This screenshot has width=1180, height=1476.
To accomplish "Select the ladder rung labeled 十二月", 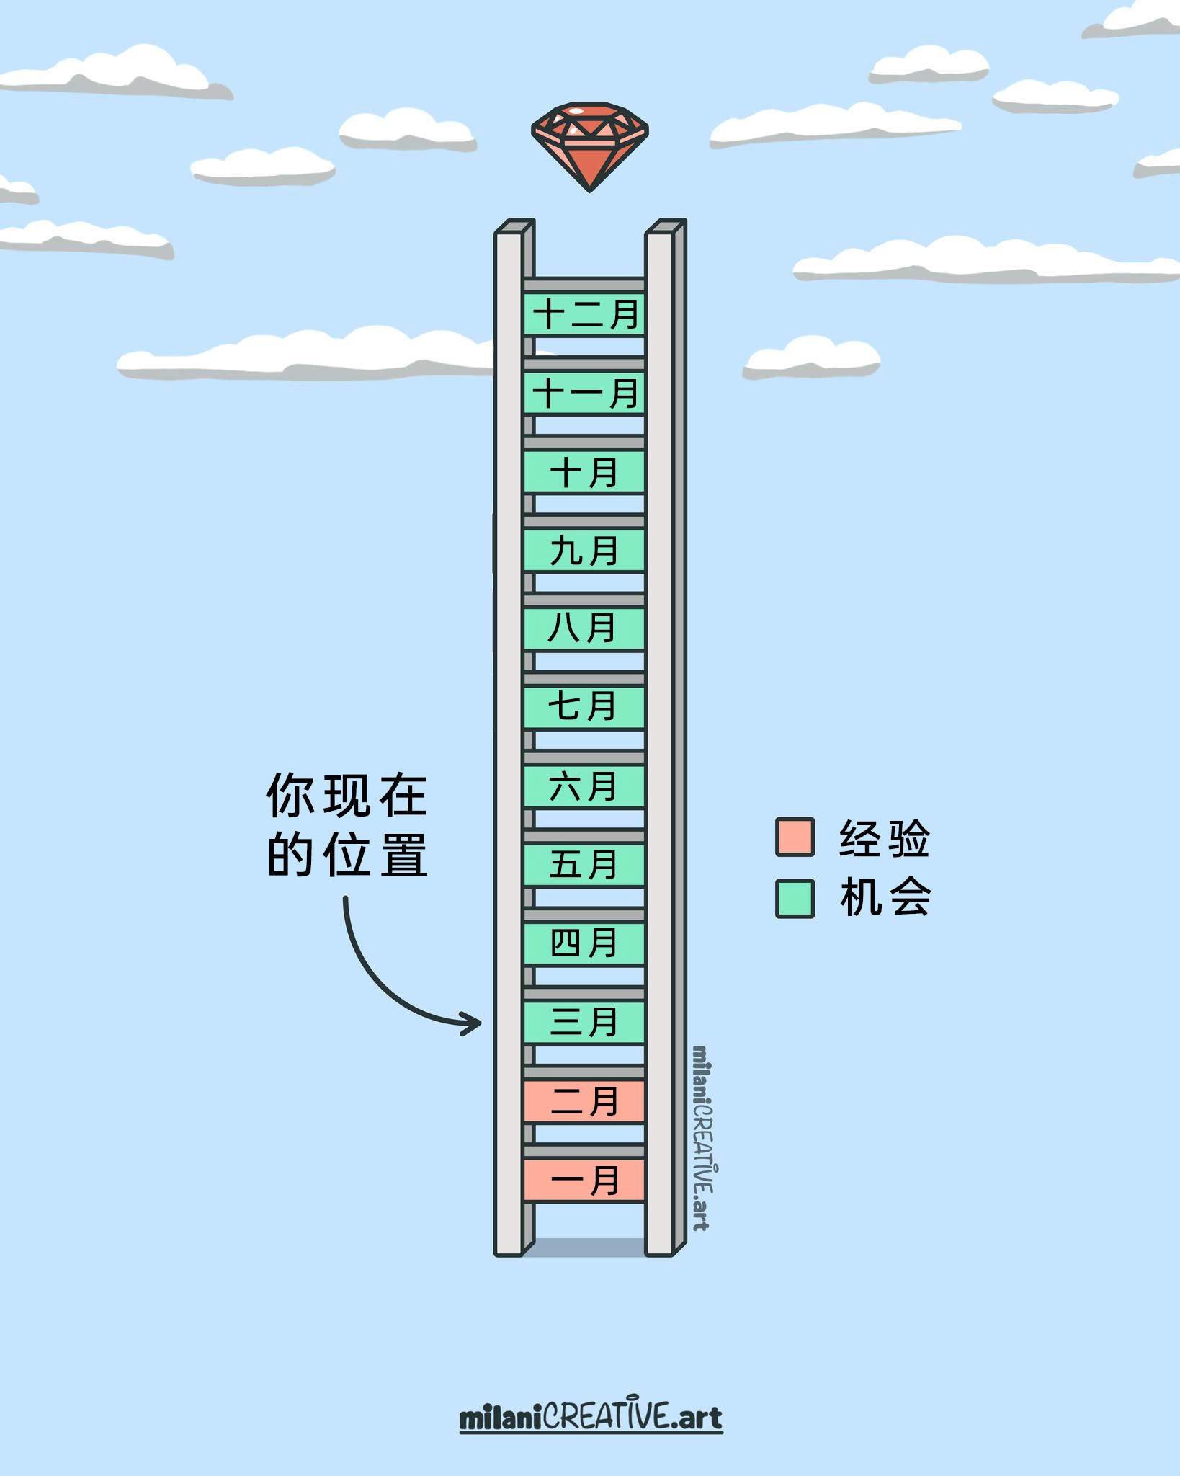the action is (584, 314).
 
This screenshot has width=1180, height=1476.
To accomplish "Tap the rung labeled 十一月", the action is (584, 393).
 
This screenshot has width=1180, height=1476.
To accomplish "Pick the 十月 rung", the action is (584, 472).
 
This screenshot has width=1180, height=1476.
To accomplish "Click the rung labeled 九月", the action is (584, 551).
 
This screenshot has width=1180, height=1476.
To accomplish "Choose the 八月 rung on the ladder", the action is (584, 629).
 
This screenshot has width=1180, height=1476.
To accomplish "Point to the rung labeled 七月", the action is (584, 708).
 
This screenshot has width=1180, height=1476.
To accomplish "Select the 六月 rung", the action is (584, 786).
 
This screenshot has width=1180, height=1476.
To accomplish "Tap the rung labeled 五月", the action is (584, 865).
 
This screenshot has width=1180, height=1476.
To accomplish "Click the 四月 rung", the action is (584, 943).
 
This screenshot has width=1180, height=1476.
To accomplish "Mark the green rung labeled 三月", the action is (584, 1022).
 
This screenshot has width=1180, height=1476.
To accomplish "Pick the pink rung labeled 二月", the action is (584, 1101).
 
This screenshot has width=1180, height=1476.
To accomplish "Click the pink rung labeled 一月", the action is (584, 1181).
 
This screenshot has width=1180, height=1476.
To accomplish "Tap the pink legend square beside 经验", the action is (795, 837).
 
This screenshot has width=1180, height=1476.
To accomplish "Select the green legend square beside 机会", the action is (795, 898).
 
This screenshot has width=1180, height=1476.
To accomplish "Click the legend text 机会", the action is (885, 898).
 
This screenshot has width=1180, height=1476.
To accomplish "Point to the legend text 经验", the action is (885, 838).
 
